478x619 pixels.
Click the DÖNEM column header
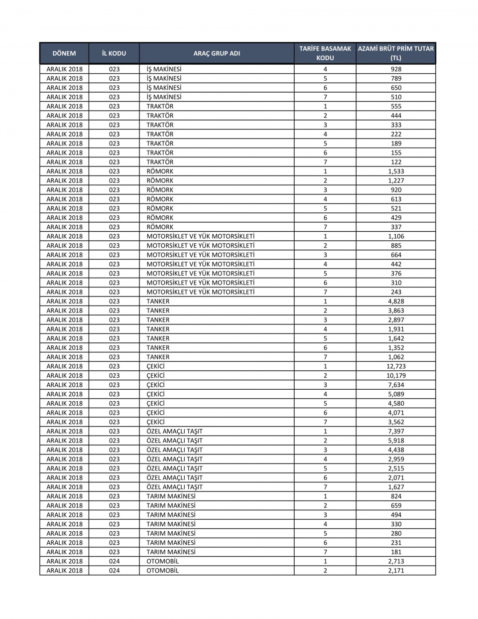[64, 53]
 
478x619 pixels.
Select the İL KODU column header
[114, 53]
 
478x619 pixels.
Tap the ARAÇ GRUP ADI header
[217, 53]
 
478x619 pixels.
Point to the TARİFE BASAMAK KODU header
[325, 53]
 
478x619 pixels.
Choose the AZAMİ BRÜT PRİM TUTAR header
[396, 53]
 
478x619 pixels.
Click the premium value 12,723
[396, 366]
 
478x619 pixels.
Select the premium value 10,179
[396, 375]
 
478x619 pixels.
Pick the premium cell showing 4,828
[396, 301]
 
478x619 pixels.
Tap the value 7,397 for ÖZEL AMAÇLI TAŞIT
[396, 431]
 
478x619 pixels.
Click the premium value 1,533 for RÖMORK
[396, 171]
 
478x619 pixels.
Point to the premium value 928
[396, 69]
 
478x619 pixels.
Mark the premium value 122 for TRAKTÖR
[396, 162]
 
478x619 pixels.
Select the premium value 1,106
[396, 236]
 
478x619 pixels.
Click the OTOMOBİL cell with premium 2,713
[163, 561]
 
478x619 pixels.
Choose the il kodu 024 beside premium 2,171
[114, 570]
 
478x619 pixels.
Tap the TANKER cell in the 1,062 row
[158, 357]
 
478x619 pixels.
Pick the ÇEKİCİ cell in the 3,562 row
[155, 422]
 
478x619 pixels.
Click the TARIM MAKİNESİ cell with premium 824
[171, 496]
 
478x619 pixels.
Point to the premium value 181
[396, 552]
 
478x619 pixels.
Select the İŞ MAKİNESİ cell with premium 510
[164, 97]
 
